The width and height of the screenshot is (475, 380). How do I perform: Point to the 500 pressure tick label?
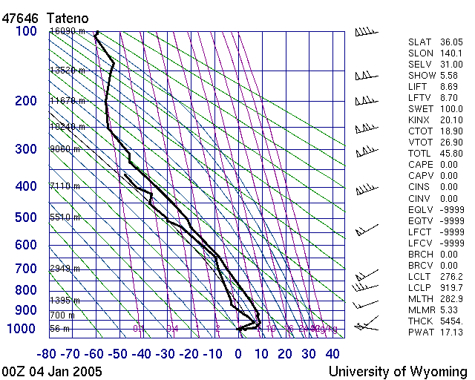[26, 217]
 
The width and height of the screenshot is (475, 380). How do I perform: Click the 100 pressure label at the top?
[26, 31]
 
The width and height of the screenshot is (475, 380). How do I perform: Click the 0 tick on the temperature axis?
[238, 353]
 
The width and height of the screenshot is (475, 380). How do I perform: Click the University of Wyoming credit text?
[398, 371]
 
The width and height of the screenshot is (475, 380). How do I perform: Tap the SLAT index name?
[419, 42]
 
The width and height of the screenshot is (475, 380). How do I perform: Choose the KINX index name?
[419, 120]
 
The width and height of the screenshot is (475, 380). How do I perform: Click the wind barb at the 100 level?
[365, 32]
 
